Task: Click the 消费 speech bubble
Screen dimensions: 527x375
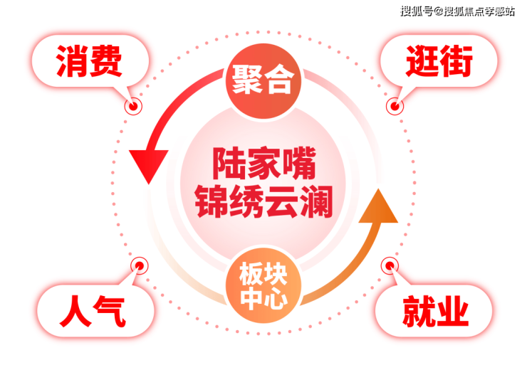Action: [x=90, y=61]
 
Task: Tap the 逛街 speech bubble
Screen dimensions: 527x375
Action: [x=439, y=61]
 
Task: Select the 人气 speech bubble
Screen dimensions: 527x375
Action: [x=95, y=310]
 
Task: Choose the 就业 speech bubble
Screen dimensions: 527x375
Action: [x=434, y=310]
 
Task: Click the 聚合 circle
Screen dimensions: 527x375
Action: [x=263, y=80]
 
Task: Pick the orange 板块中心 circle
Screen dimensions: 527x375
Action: [x=263, y=285]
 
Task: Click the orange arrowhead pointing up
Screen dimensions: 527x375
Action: [x=379, y=206]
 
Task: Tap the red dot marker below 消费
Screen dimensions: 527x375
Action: [x=133, y=107]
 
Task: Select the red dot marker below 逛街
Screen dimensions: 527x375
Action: [x=395, y=107]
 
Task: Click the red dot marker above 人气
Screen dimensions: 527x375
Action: [x=140, y=266]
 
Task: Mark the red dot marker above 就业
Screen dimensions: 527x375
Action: [x=390, y=266]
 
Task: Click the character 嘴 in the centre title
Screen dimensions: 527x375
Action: [x=299, y=164]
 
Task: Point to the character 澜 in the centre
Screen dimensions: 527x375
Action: [x=316, y=201]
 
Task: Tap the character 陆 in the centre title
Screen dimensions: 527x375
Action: [x=229, y=164]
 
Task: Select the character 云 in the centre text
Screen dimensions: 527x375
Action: [x=281, y=201]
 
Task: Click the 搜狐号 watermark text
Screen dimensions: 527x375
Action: [x=417, y=11]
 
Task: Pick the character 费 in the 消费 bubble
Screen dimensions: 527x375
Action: [x=106, y=61]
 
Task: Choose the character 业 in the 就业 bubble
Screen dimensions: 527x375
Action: [x=452, y=311]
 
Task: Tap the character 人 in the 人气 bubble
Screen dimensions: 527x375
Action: [x=75, y=311]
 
